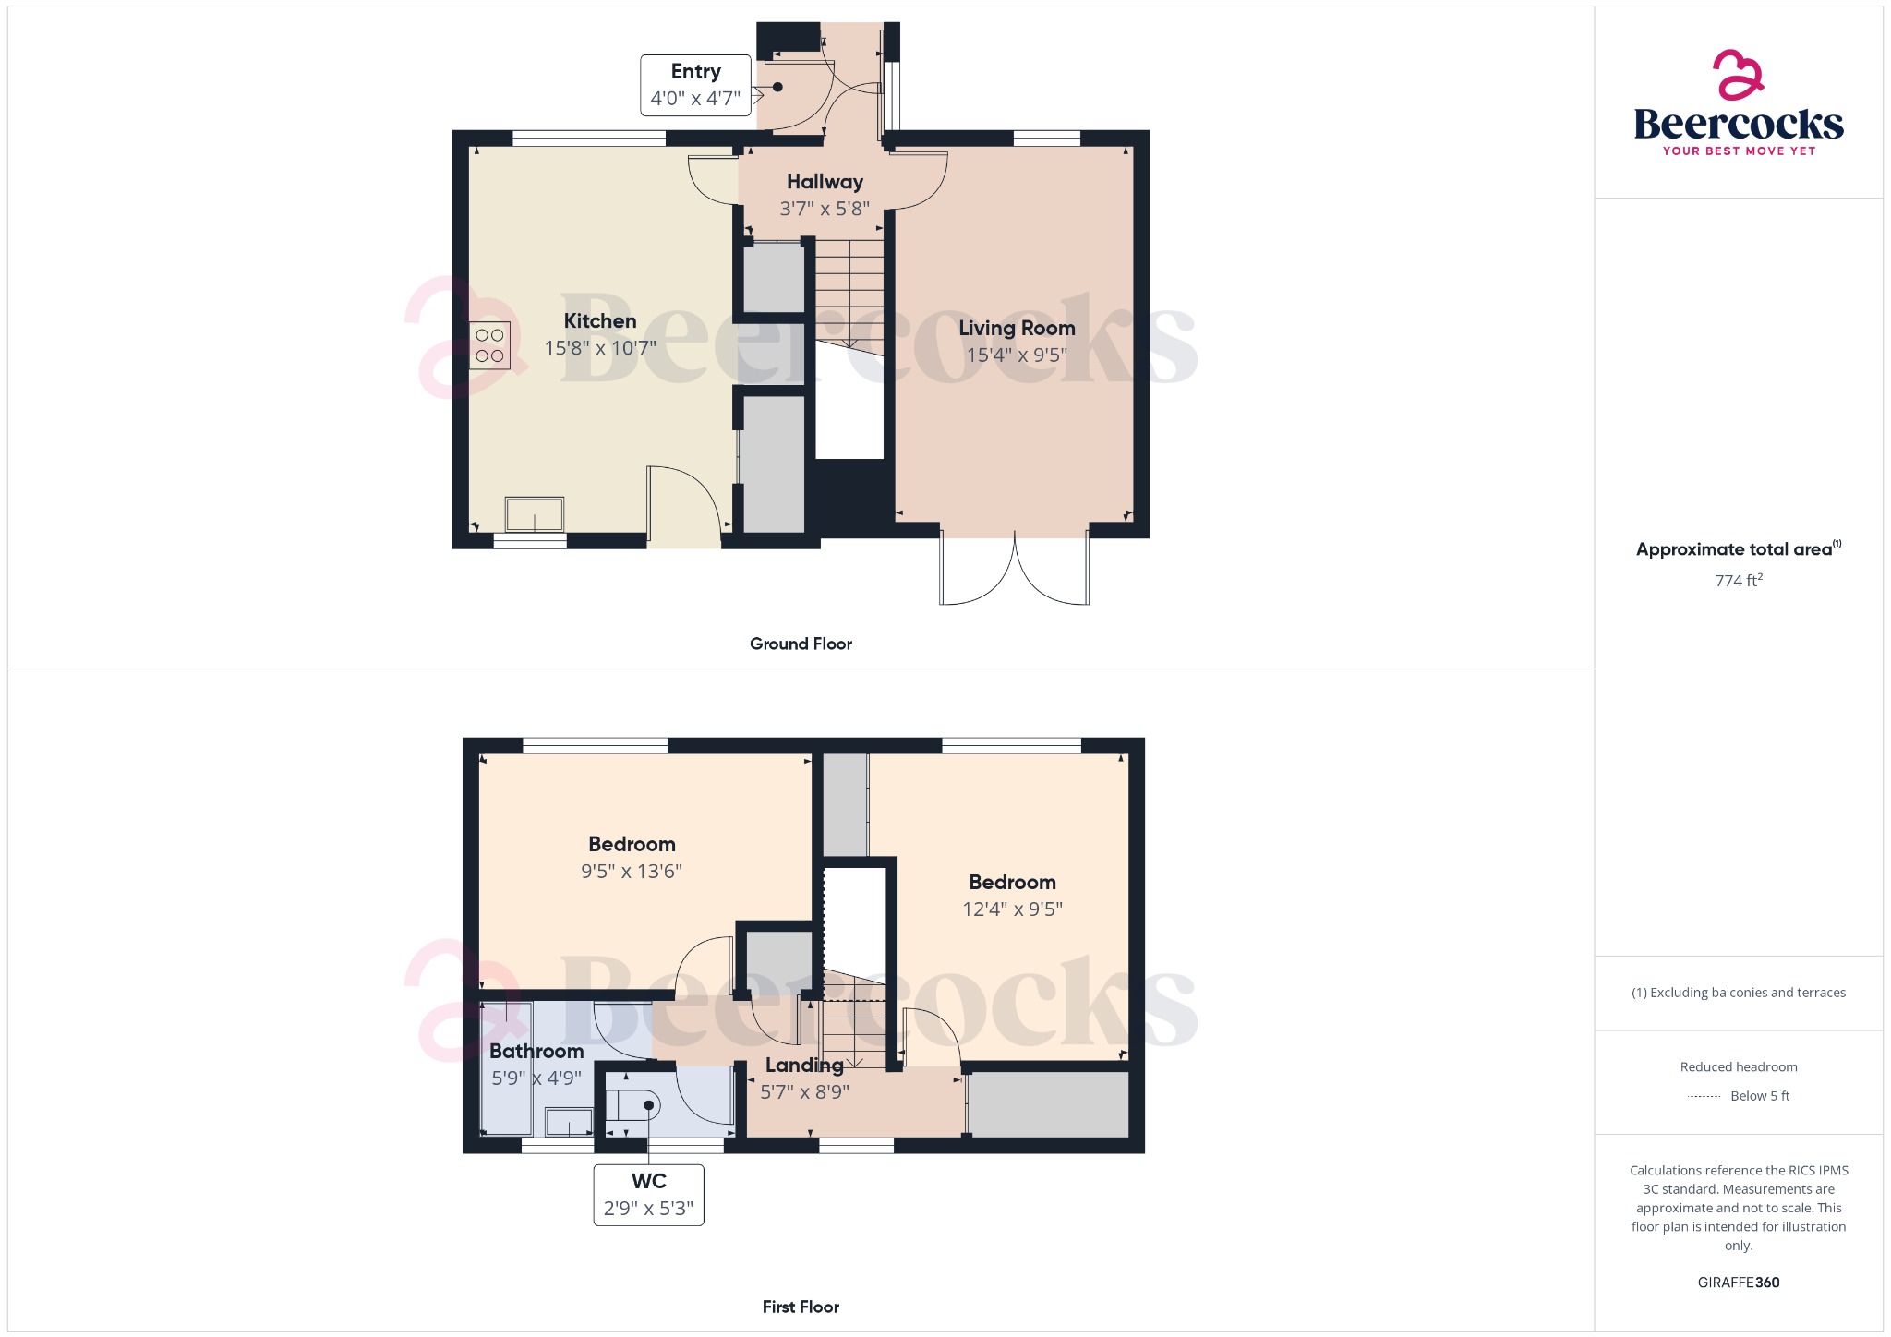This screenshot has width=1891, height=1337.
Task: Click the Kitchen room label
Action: [x=600, y=321]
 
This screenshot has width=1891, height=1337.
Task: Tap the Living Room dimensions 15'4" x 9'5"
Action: [x=1017, y=355]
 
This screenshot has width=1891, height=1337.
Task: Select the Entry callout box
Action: [x=695, y=85]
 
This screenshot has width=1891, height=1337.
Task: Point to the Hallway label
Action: [x=825, y=182]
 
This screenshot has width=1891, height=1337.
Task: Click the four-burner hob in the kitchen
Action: [x=489, y=345]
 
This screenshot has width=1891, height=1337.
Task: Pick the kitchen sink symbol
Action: [x=534, y=514]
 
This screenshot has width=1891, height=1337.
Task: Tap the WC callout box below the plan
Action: [x=648, y=1195]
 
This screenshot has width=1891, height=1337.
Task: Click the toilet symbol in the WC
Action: [x=633, y=1105]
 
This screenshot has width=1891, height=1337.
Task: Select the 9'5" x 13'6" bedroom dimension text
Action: [x=632, y=871]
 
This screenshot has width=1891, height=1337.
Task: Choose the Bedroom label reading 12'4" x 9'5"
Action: [x=1012, y=883]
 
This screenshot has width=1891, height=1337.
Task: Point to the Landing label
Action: [x=804, y=1065]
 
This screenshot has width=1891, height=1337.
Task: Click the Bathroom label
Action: [x=536, y=1051]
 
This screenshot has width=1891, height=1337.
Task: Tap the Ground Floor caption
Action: [x=801, y=644]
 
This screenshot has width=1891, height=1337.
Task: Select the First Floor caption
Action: [x=801, y=1307]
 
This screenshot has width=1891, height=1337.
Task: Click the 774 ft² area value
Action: [x=1738, y=581]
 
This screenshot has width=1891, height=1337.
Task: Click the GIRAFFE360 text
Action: [x=1738, y=1283]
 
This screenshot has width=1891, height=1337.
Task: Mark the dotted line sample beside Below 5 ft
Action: [x=1704, y=1097]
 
